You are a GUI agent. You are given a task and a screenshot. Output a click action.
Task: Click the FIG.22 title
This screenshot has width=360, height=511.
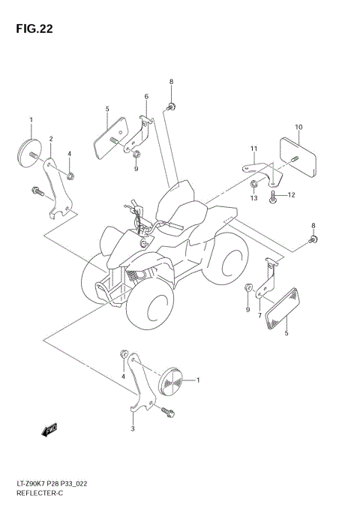pos(32,29)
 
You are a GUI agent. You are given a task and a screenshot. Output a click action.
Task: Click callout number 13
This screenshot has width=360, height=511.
pos(253,198)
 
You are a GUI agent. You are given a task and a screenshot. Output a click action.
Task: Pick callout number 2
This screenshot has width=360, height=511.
pos(51,139)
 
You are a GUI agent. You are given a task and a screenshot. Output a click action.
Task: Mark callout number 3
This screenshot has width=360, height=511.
pos(132,428)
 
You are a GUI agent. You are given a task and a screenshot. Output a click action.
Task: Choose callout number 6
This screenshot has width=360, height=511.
pos(146,96)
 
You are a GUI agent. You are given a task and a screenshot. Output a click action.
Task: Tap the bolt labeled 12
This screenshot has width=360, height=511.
pos(273,197)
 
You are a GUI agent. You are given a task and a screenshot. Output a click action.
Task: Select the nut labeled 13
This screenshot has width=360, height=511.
pos(256,183)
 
